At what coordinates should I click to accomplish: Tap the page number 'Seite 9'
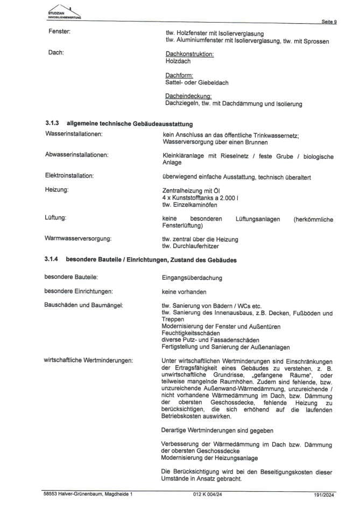(x=329, y=22)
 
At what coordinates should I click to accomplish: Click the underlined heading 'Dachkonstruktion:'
(x=190, y=54)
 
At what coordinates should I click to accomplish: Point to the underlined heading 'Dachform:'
(x=179, y=75)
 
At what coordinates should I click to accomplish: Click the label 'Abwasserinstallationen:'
(x=77, y=155)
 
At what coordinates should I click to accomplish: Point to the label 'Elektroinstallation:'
(x=70, y=176)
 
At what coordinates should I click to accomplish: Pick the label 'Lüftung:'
(x=56, y=218)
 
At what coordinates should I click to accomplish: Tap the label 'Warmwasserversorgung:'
(x=77, y=238)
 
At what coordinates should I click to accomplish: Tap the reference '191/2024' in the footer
(x=325, y=493)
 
